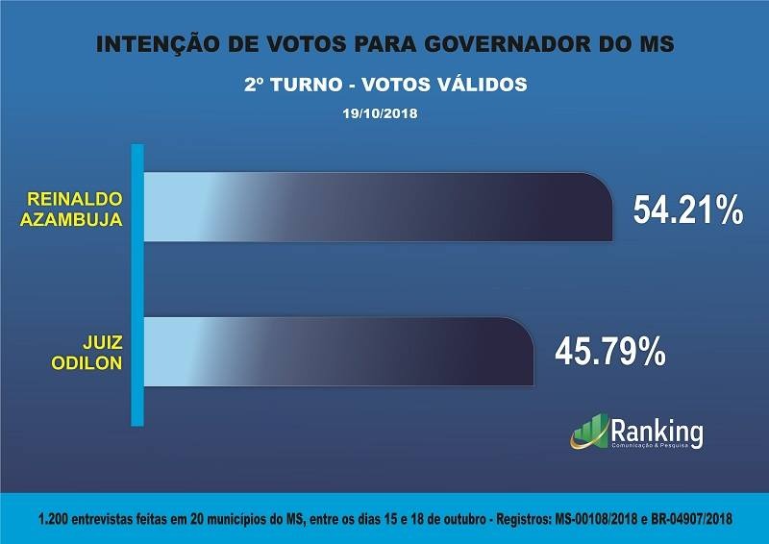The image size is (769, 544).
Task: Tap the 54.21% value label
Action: [687, 210]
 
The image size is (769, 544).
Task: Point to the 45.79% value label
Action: [610, 352]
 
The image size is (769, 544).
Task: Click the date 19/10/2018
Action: [384, 112]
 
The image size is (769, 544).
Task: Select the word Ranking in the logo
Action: [657, 430]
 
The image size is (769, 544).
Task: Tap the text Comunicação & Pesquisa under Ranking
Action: [657, 449]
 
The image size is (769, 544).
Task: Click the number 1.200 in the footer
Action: [55, 518]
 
